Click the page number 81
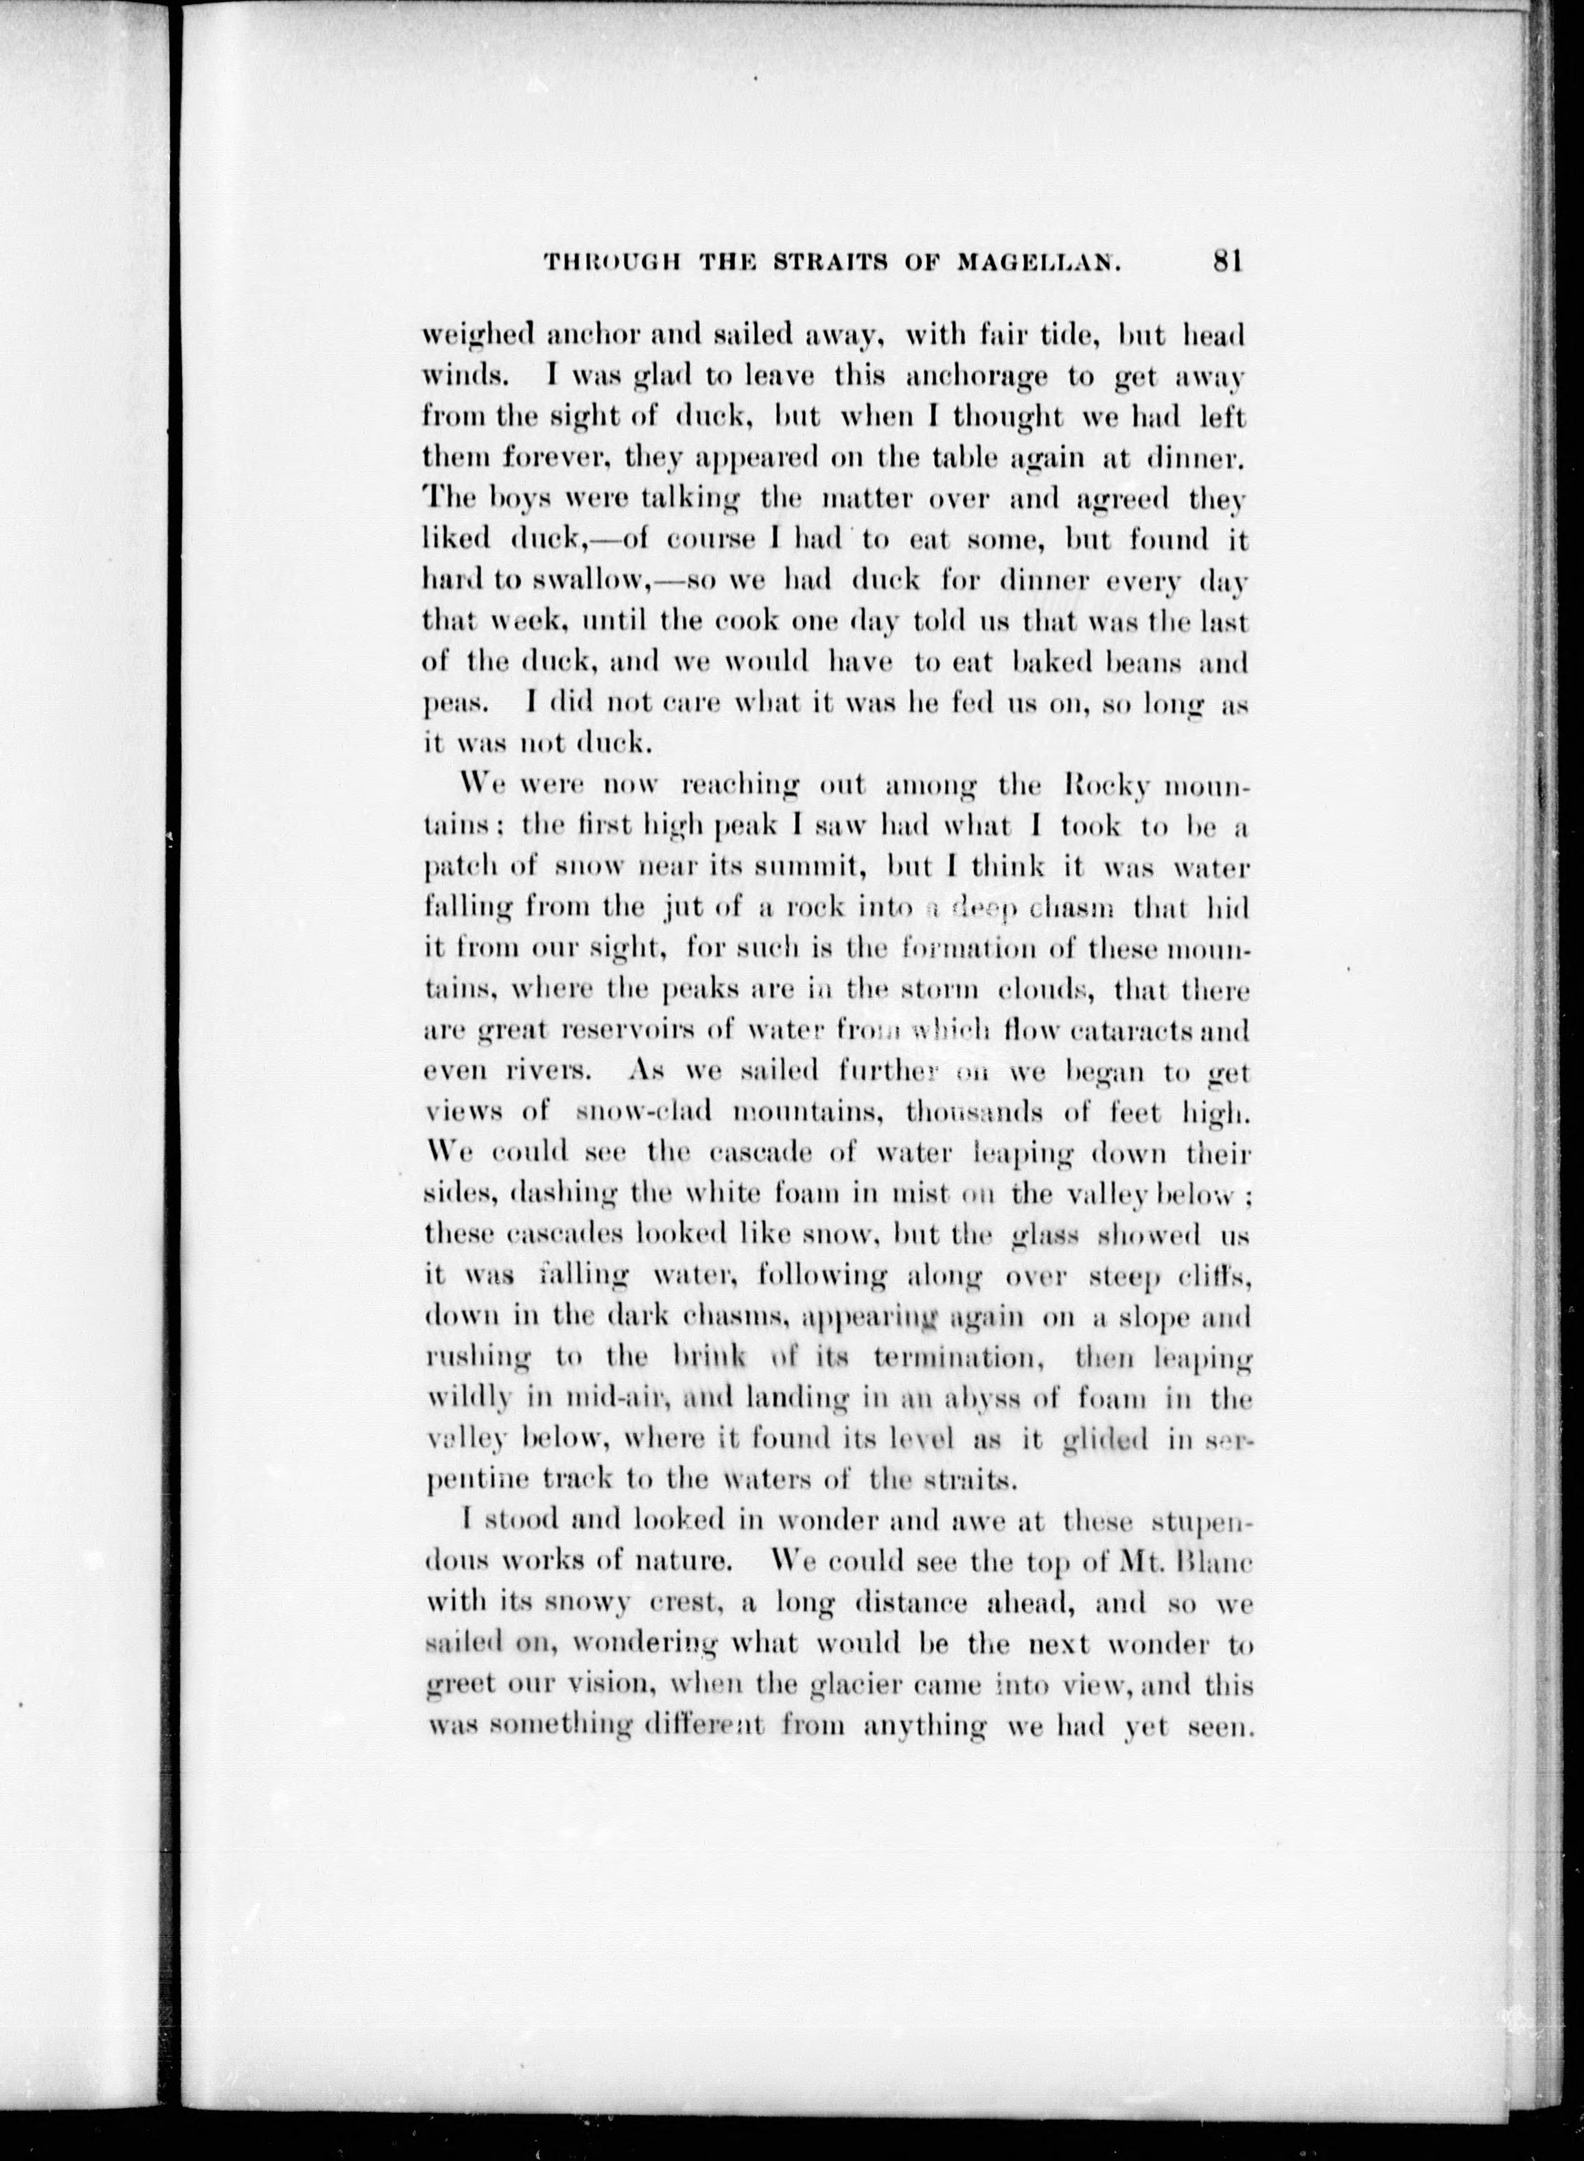click(1227, 262)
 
